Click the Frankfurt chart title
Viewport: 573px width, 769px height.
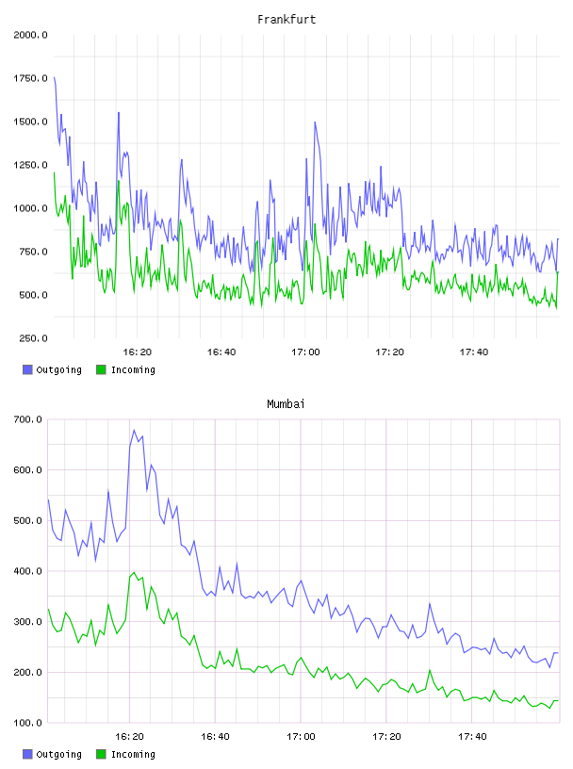(286, 20)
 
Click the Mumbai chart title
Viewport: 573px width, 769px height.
(286, 404)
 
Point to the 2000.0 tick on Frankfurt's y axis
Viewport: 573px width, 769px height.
(30, 35)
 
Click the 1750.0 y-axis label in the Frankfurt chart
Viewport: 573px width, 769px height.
(30, 78)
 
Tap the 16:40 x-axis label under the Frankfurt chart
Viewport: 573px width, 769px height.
(221, 352)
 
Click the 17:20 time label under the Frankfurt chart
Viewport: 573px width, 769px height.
(389, 352)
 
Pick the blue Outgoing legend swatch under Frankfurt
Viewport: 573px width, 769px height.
(27, 369)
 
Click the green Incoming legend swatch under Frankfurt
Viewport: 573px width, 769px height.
(101, 369)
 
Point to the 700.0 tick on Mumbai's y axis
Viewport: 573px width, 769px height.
(28, 419)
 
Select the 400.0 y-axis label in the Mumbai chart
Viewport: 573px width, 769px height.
(28, 571)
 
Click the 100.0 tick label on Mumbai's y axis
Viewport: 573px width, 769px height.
(28, 723)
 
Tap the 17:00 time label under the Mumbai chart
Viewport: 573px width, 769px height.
(301, 737)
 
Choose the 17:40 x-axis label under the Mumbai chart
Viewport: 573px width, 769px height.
(472, 737)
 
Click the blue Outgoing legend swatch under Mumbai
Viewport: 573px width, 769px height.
(27, 754)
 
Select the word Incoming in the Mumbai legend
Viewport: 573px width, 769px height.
(133, 755)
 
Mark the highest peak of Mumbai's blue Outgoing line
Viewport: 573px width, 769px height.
(134, 431)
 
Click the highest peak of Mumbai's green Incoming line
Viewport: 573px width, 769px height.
(134, 572)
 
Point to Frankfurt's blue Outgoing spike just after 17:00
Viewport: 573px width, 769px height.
(315, 123)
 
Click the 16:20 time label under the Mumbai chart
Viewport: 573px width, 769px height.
(129, 737)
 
